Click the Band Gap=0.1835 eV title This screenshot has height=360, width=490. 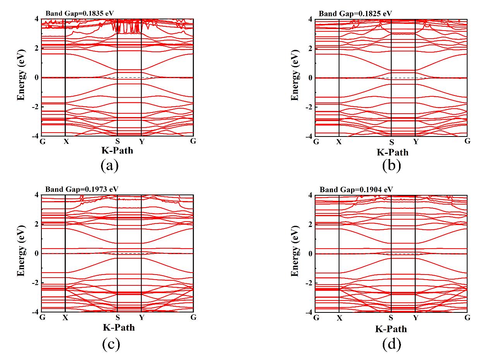80,13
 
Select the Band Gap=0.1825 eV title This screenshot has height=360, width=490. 355,14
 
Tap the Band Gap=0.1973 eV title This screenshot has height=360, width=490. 82,189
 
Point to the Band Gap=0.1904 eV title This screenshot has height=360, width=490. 356,189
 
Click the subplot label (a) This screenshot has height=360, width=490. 109,165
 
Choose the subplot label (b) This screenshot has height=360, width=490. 391,165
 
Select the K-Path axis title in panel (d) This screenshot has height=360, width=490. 391,329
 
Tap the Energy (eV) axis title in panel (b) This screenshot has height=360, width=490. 295,75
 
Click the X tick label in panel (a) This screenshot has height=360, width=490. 66,142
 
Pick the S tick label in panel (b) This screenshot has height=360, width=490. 391,142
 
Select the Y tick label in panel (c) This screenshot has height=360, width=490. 142,318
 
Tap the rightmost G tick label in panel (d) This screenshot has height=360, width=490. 467,317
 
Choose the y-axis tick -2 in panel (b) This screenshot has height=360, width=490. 308,107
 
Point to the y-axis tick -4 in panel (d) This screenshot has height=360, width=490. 308,312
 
